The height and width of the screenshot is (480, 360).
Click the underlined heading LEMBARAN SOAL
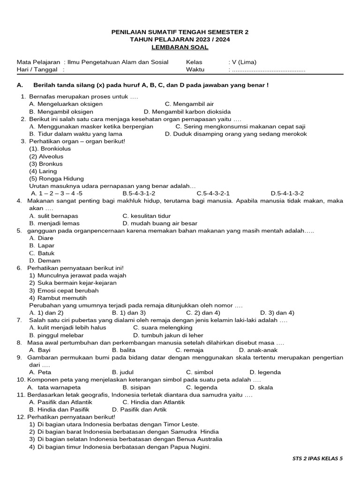point(180,47)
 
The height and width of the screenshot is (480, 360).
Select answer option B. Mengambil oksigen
point(61,112)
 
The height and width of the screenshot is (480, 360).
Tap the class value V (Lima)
point(242,62)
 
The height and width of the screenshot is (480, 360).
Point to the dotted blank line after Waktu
point(268,70)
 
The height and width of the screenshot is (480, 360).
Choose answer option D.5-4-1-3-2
point(287,193)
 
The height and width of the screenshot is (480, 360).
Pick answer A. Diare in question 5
point(41,238)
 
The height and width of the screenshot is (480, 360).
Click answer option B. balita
point(123,350)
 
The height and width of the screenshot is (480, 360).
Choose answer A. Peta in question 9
point(40,372)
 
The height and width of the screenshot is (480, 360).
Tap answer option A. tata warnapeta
point(54,387)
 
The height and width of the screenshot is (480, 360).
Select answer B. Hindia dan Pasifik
point(59,409)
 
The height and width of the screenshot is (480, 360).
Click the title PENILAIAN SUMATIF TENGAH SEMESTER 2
point(180,32)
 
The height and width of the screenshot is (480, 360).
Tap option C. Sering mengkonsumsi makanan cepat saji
point(240,127)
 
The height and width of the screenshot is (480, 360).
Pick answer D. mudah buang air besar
point(160,223)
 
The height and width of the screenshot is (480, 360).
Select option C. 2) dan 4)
point(202,313)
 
